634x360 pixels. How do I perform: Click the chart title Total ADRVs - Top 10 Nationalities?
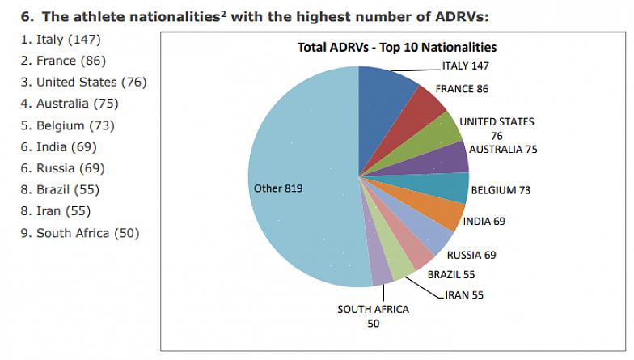click(396, 48)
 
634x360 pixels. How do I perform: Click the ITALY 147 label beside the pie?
click(466, 66)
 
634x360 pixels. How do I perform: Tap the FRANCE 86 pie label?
click(462, 88)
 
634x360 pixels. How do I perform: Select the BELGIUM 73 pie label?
click(501, 191)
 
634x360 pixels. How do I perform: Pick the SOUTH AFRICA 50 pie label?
click(373, 316)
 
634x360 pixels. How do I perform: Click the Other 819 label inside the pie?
click(278, 188)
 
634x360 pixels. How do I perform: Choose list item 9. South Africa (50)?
click(78, 233)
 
